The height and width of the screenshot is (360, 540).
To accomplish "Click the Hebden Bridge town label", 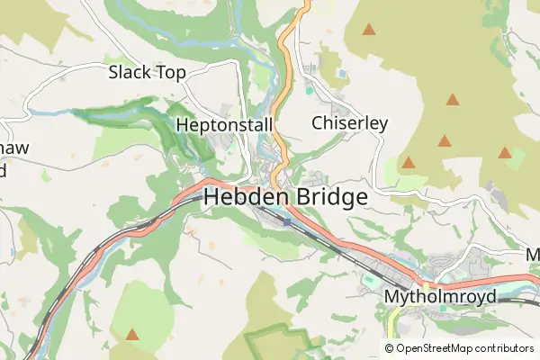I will pyautogui.click(x=285, y=197).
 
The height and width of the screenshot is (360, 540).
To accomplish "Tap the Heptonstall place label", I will pyautogui.click(x=225, y=124).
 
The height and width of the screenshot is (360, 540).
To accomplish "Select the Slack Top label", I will pyautogui.click(x=146, y=72).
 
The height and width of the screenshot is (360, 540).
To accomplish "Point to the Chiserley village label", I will pyautogui.click(x=349, y=122).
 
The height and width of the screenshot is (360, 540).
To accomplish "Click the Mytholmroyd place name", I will pyautogui.click(x=439, y=296).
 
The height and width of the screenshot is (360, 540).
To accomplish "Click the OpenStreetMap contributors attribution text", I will pyautogui.click(x=459, y=348).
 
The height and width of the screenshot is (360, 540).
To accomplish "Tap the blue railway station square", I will pyautogui.click(x=286, y=221).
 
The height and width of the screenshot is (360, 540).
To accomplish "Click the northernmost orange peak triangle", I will pyautogui.click(x=369, y=30).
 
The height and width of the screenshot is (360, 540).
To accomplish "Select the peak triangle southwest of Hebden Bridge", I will pyautogui.click(x=132, y=335).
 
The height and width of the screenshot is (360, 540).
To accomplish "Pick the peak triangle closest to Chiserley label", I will pyautogui.click(x=409, y=163).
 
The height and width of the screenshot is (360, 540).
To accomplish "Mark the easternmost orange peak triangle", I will pyautogui.click(x=505, y=153).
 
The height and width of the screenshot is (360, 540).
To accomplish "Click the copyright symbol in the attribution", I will pyautogui.click(x=390, y=348).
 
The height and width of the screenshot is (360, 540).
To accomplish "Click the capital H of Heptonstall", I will pyautogui.click(x=183, y=124).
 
